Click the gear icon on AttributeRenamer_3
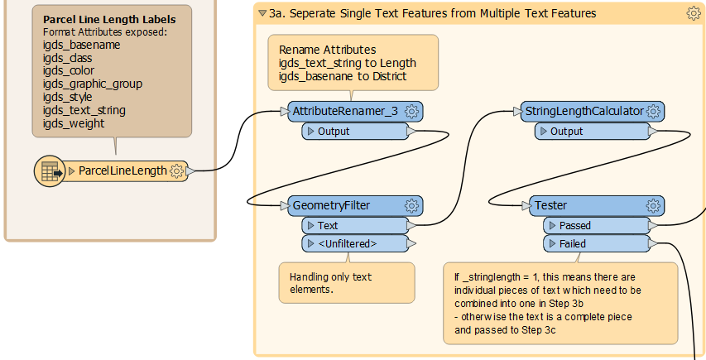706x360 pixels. coord(411,111)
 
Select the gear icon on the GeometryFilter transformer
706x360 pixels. coord(411,205)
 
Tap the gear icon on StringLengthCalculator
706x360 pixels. coord(653,111)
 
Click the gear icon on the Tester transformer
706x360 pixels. coord(653,205)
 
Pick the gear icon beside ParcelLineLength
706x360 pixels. coord(177,171)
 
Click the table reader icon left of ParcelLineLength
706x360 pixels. coord(50,171)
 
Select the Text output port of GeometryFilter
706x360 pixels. coord(355,225)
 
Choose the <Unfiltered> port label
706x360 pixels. coord(347,244)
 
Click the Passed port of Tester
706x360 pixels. coord(597,225)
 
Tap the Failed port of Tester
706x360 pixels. coord(597,244)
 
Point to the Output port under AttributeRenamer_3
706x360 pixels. coord(355,132)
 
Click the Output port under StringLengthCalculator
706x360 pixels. coord(593,132)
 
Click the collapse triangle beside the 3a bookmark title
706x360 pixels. coord(262,13)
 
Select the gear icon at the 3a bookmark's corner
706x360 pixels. coord(694,13)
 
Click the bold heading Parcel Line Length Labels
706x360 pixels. coord(109,20)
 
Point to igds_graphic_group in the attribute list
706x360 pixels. coord(93,84)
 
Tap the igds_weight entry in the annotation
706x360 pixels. coord(74,124)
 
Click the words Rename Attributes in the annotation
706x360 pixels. coord(327,50)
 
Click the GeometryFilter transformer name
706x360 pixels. coord(331,205)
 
